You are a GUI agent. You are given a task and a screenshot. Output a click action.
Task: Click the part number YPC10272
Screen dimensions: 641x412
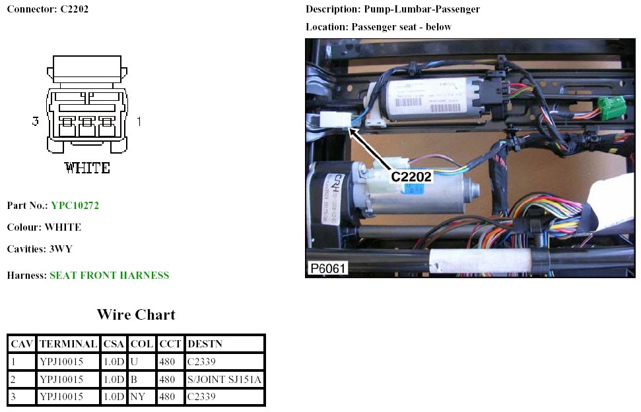pos(75,206)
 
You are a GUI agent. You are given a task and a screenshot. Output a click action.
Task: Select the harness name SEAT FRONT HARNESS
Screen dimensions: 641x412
pos(109,276)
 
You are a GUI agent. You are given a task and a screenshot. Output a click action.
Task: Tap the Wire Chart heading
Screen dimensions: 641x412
pos(136,314)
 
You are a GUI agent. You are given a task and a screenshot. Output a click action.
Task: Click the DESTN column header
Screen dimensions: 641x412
pos(204,344)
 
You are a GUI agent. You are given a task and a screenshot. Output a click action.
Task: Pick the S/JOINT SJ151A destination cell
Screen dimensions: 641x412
pos(224,379)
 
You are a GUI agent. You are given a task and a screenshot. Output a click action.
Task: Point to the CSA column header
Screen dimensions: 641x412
pos(114,344)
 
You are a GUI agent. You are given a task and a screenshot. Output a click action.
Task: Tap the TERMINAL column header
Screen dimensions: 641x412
pos(69,344)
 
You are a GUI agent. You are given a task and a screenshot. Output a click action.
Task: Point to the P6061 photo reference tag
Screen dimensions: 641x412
pos(327,269)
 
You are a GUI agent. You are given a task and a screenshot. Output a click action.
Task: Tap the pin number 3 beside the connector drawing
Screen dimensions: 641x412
pos(36,121)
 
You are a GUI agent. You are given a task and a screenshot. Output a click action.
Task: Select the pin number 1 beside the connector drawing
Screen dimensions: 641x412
pos(139,121)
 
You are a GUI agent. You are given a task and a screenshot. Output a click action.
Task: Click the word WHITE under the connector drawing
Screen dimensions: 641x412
pos(87,168)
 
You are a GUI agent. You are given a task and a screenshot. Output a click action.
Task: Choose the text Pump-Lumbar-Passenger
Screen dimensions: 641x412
pos(422,9)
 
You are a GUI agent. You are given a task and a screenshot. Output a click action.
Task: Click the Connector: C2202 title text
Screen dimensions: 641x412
pos(48,9)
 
